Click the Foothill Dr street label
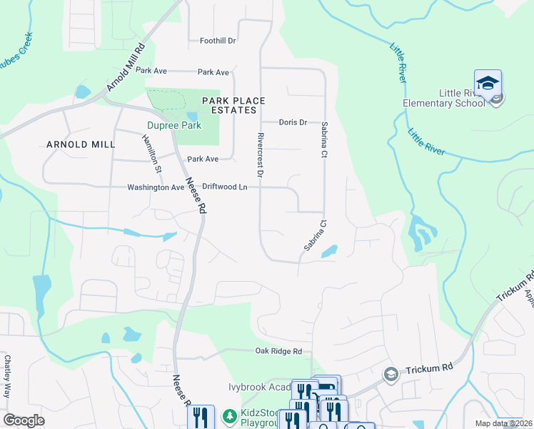[x=218, y=41]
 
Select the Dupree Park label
[x=174, y=125]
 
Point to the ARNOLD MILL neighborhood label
[x=81, y=144]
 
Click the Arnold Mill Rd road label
[x=126, y=68]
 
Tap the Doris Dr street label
[x=293, y=122]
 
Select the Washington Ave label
[x=156, y=187]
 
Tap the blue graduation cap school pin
[x=488, y=84]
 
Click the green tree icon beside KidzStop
[x=229, y=415]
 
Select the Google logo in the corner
[x=24, y=420]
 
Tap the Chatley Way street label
[x=8, y=376]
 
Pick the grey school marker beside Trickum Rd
[x=391, y=374]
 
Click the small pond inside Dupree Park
[x=191, y=116]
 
